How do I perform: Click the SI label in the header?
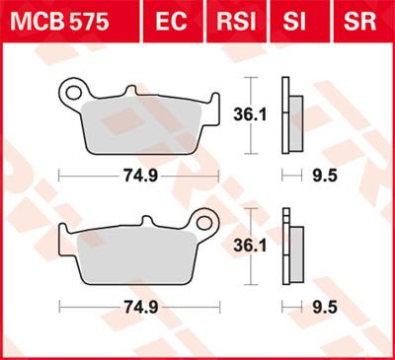point(298,20)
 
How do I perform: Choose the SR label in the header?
point(355,20)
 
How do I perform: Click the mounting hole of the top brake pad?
point(70,95)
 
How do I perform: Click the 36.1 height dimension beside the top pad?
point(259,115)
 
